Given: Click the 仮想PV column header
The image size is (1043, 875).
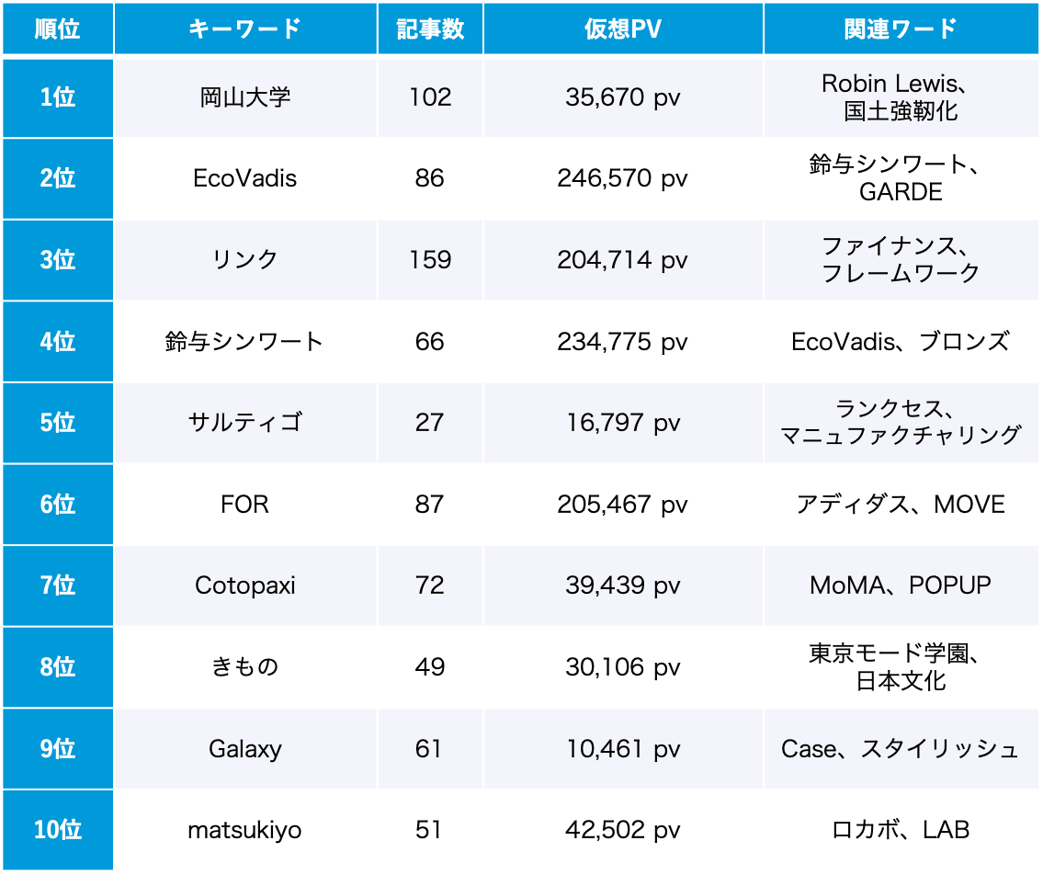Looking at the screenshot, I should pyautogui.click(x=622, y=29).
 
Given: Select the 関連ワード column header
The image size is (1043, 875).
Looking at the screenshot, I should pyautogui.click(x=901, y=29).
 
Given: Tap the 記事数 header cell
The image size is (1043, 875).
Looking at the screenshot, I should pyautogui.click(x=430, y=29).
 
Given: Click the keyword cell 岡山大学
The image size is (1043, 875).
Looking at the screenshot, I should pyautogui.click(x=245, y=97).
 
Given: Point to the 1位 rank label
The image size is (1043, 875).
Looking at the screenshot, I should pyautogui.click(x=58, y=97).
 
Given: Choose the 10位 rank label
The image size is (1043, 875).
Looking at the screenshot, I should pyautogui.click(x=58, y=830).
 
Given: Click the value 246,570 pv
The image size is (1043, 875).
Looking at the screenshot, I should pyautogui.click(x=622, y=178).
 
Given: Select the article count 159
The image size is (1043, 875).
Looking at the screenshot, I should pyautogui.click(x=430, y=260).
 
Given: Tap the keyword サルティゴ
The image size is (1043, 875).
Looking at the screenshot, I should pyautogui.click(x=245, y=423).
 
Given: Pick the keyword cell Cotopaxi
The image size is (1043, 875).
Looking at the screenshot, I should pyautogui.click(x=245, y=585).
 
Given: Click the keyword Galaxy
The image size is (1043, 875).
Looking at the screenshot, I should pyautogui.click(x=245, y=749).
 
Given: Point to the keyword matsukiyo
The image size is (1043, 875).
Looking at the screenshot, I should pyautogui.click(x=245, y=831).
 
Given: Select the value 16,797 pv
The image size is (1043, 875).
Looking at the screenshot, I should pyautogui.click(x=622, y=423).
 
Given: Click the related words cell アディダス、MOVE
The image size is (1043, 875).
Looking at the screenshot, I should pyautogui.click(x=901, y=505).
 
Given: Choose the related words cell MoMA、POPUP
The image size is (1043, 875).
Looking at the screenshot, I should pyautogui.click(x=901, y=585).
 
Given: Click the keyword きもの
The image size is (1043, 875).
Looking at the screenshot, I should pyautogui.click(x=245, y=667).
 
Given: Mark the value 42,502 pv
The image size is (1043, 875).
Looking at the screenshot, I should pyautogui.click(x=622, y=831).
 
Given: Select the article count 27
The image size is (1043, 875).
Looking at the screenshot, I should pyautogui.click(x=430, y=423).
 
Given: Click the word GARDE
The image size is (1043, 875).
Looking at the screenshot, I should pyautogui.click(x=901, y=192).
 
